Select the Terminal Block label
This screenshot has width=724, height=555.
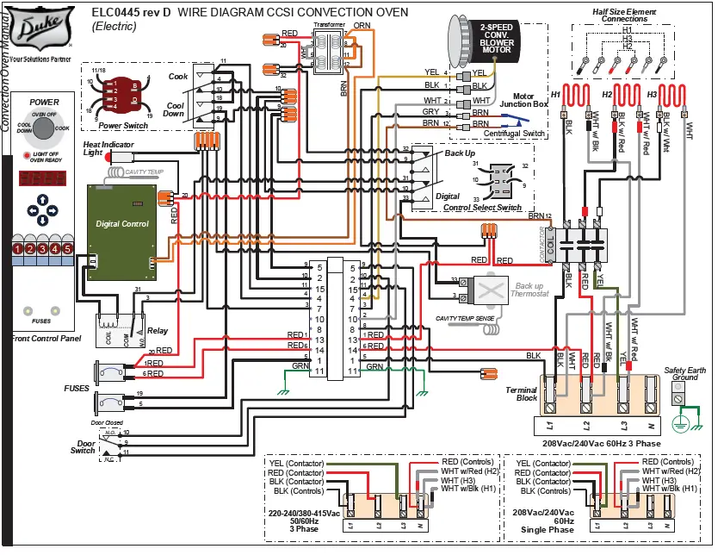522,394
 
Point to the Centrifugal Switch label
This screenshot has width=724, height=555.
515,134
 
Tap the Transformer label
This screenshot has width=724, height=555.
329,25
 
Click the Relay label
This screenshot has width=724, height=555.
157,329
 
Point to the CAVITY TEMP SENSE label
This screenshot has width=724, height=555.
465,319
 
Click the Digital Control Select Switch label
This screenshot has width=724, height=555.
482,208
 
